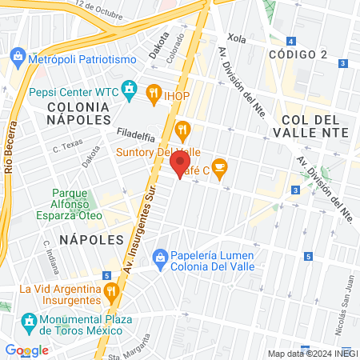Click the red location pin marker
coord(178,166)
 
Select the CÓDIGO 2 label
coord(298,54)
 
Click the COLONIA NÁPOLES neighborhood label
coord(78,112)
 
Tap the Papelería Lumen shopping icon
coord(160,256)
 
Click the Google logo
coord(26,350)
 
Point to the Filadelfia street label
coord(134,133)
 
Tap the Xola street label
coord(236,38)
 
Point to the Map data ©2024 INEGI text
coord(312,354)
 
